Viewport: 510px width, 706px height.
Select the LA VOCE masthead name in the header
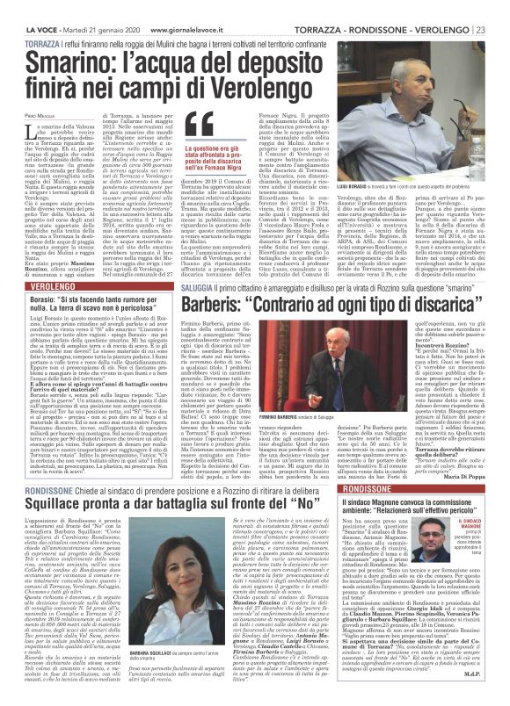click(x=21, y=7)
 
